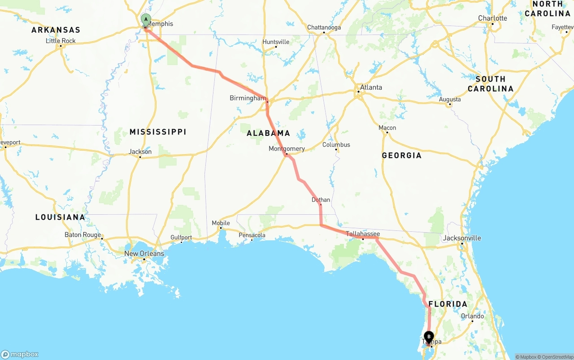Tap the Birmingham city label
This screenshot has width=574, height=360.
tap(248, 98)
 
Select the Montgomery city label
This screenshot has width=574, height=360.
tap(287, 148)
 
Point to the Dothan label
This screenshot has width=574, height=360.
tap(321, 200)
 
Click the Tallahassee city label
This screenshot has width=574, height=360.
tap(363, 234)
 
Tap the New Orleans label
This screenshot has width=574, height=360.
tap(144, 253)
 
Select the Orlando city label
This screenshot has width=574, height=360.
tap(472, 316)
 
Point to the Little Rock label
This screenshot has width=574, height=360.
tap(61, 41)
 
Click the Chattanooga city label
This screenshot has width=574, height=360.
tap(324, 27)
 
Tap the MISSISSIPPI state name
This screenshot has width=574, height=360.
tap(158, 132)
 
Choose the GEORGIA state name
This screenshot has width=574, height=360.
tap(401, 156)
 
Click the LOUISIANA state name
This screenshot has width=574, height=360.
tap(60, 217)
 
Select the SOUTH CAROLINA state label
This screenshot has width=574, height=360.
tap(490, 84)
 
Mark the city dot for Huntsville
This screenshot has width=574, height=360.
tap(275, 47)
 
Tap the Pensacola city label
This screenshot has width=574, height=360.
tap(252, 235)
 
